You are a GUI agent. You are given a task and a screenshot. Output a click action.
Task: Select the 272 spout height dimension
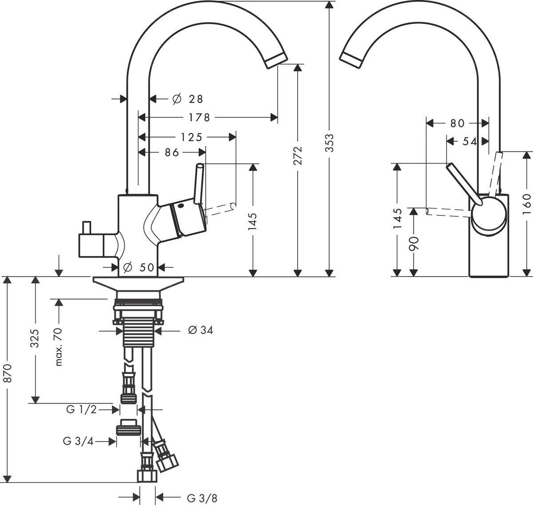click(x=298, y=155)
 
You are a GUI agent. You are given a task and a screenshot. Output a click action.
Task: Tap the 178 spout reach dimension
click(x=199, y=117)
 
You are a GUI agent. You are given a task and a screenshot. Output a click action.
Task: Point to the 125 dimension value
click(x=191, y=137)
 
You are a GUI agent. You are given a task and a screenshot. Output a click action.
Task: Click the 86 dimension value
click(x=172, y=152)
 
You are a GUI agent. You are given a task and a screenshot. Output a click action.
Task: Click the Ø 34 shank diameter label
click(x=200, y=330)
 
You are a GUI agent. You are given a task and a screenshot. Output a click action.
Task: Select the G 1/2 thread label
click(x=81, y=410)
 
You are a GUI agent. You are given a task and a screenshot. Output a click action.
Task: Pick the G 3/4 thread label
click(x=78, y=441)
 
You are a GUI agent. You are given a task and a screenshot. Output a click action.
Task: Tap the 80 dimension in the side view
click(x=457, y=123)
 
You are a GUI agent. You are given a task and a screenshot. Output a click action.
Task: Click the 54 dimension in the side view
click(x=469, y=142)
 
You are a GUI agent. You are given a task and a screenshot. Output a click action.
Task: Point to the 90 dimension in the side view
click(x=414, y=243)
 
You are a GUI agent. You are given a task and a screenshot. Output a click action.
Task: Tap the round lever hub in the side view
click(x=489, y=214)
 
